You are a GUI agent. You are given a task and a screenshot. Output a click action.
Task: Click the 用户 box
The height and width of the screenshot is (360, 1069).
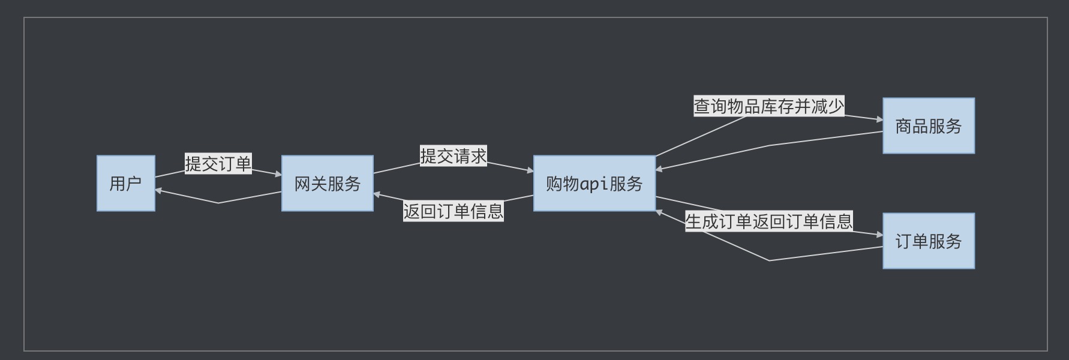pyautogui.click(x=126, y=184)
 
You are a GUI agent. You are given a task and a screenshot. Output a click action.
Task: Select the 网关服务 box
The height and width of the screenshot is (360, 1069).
pyautogui.click(x=327, y=184)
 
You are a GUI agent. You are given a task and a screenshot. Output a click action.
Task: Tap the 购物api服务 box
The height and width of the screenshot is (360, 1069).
pyautogui.click(x=594, y=184)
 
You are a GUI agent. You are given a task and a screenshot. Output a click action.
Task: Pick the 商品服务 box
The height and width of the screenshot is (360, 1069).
pyautogui.click(x=928, y=126)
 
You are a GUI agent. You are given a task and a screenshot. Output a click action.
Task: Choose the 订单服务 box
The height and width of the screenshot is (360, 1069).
pyautogui.click(x=928, y=241)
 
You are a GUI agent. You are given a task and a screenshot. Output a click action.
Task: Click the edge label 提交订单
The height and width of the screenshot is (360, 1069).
pyautogui.click(x=218, y=164)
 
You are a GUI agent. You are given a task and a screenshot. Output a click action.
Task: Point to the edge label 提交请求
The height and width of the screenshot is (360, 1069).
pyautogui.click(x=453, y=156)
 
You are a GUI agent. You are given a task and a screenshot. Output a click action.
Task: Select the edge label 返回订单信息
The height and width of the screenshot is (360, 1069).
pyautogui.click(x=453, y=211)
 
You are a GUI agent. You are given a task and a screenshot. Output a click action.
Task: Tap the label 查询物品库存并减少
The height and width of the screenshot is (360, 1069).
pyautogui.click(x=769, y=106)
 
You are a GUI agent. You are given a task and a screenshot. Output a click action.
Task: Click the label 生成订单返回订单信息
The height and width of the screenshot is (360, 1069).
pyautogui.click(x=769, y=221)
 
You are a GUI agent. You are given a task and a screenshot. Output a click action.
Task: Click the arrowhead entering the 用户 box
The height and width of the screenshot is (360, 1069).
pyautogui.click(x=158, y=191)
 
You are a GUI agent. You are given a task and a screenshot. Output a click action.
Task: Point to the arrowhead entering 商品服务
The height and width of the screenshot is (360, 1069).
pyautogui.click(x=879, y=120)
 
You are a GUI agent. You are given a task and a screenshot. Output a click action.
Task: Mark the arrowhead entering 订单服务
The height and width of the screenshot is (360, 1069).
pyautogui.click(x=879, y=236)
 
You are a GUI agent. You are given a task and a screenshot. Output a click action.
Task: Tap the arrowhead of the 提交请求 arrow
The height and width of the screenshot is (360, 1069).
pyautogui.click(x=530, y=171)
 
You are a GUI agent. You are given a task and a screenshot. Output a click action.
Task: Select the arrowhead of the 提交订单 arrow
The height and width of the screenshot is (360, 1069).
pyautogui.click(x=278, y=175)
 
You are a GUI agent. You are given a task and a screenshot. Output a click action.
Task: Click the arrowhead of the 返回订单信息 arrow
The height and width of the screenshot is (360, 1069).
pyautogui.click(x=377, y=194)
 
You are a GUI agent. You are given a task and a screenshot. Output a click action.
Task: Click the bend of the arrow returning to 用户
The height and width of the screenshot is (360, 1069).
pyautogui.click(x=218, y=203)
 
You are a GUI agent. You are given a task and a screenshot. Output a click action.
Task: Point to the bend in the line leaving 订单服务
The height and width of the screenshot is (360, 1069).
pyautogui.click(x=769, y=260)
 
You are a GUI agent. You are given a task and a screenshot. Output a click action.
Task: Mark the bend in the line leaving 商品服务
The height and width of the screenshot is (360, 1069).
pyautogui.click(x=769, y=145)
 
